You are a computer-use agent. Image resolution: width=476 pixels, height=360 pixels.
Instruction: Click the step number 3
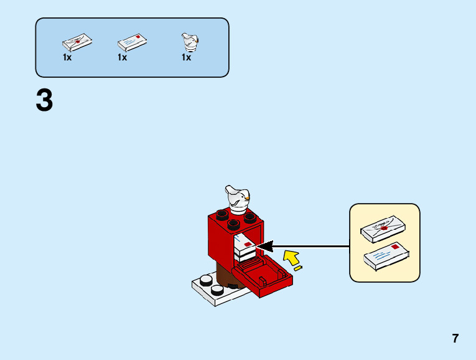coord(44,101)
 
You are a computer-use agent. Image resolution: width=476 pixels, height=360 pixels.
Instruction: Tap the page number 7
coord(455,339)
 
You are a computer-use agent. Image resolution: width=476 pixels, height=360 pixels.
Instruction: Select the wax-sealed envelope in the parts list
coord(78,42)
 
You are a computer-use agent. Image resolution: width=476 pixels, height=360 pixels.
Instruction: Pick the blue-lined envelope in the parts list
coord(133,42)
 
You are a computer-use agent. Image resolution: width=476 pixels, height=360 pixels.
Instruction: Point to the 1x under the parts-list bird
coord(186,57)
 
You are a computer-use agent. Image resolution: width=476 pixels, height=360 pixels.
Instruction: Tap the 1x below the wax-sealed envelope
coord(67,57)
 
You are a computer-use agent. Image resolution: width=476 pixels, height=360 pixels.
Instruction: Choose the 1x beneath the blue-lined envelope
coord(122,57)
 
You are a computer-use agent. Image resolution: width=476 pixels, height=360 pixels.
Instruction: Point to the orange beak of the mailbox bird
coord(247,198)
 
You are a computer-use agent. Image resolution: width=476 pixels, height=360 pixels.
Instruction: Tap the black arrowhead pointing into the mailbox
coord(265,247)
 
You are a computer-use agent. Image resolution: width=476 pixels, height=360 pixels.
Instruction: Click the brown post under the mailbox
coord(223,273)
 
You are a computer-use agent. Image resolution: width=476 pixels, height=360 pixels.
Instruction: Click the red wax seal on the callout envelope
coord(384,228)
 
